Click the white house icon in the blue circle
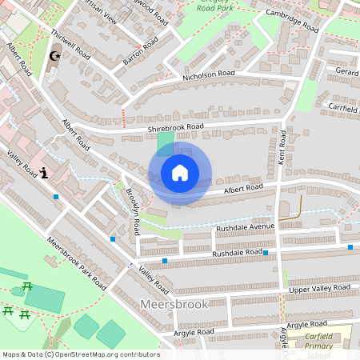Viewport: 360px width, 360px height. coord(180,173)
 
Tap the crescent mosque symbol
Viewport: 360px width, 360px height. coord(55,56)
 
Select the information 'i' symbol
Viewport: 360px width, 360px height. coord(45,171)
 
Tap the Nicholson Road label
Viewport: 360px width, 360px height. coord(208,74)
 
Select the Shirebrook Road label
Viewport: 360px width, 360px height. coord(175,127)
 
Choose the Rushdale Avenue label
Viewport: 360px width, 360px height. coord(245,227)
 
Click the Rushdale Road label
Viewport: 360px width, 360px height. coord(237,253)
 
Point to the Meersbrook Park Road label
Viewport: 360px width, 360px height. coord(76,263)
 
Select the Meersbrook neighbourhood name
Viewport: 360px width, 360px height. coord(174,305)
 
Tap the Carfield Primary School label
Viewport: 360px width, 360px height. coord(329,342)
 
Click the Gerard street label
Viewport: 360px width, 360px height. coord(346,72)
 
